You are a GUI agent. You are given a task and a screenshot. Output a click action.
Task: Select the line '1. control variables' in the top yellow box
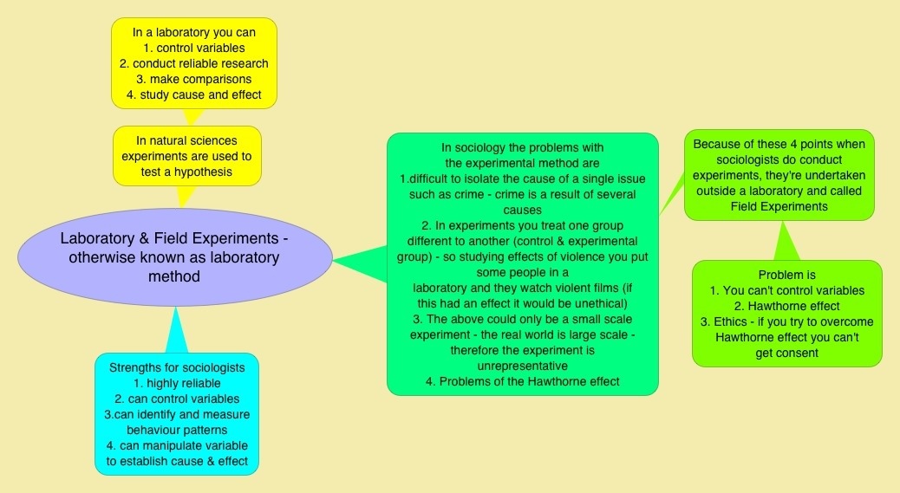(193, 48)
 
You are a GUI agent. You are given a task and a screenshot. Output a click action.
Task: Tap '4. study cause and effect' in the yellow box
(193, 94)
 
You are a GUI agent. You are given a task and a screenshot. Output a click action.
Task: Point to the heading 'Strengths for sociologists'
(177, 367)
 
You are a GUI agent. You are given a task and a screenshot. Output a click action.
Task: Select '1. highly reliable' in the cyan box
(177, 383)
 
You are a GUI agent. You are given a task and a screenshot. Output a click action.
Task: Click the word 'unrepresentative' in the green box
(521, 366)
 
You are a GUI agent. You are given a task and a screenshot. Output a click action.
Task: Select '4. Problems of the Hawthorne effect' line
(521, 381)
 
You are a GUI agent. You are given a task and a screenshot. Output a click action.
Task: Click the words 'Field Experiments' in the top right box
(779, 206)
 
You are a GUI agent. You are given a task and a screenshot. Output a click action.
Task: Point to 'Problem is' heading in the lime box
(786, 275)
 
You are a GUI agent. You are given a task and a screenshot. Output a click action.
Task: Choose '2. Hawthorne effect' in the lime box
(786, 306)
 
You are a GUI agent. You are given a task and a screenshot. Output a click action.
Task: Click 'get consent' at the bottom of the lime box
(786, 353)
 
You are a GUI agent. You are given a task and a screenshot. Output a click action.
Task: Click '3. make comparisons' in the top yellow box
(193, 79)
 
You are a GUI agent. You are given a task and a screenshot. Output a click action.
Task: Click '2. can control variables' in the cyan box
(177, 399)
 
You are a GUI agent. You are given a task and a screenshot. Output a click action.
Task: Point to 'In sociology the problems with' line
(521, 147)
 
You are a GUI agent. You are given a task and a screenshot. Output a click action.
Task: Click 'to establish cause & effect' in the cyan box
(177, 461)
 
